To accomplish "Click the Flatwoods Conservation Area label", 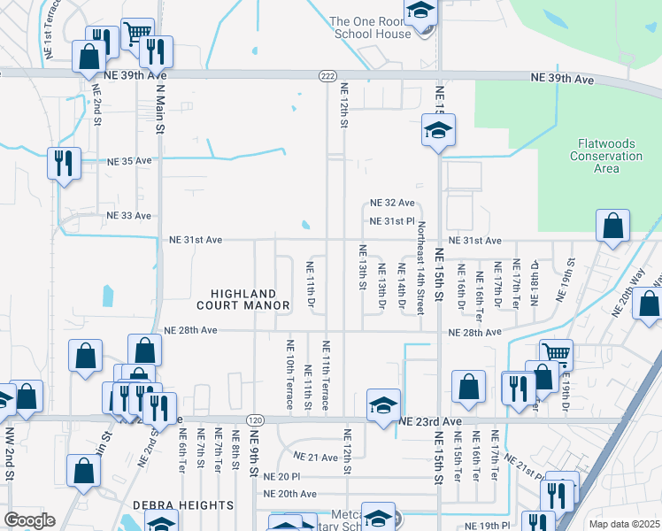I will pos(610,156).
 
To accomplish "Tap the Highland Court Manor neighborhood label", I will pos(250,299).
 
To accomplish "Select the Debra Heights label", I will pos(183,505).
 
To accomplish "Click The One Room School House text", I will pos(370,27).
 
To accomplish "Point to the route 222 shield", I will pos(327,78).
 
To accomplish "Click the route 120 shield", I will pos(256,419).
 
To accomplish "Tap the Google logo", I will pos(29,520).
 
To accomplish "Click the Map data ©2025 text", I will pos(624,524).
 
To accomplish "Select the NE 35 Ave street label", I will pos(130,162).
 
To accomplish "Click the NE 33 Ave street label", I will pos(129,215).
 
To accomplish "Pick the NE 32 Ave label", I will pos(393,203).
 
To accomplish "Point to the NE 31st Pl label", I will pos(392,220).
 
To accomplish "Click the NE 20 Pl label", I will pos(282,476).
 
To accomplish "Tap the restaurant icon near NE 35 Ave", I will pos(64,162).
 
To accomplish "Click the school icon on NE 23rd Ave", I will pos(383,404).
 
